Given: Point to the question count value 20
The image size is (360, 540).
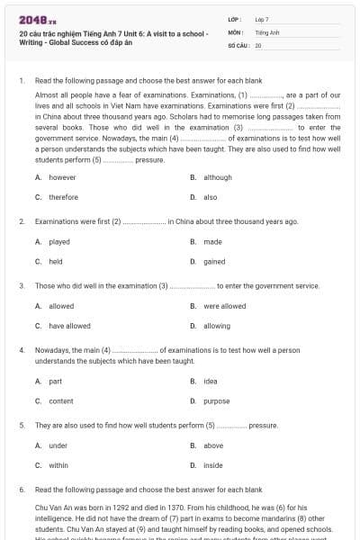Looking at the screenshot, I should (258, 44).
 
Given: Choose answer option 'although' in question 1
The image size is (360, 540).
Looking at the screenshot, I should (218, 177).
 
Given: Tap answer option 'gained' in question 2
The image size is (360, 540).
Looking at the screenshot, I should (214, 261).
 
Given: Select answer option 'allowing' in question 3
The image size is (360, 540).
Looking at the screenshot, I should (217, 326).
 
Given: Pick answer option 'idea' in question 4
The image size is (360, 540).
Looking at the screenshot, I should (211, 381).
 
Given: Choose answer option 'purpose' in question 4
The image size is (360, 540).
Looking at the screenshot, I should (217, 400).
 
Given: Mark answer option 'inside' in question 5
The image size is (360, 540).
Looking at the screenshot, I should (213, 465).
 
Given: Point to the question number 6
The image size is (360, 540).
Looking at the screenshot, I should (22, 490).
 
